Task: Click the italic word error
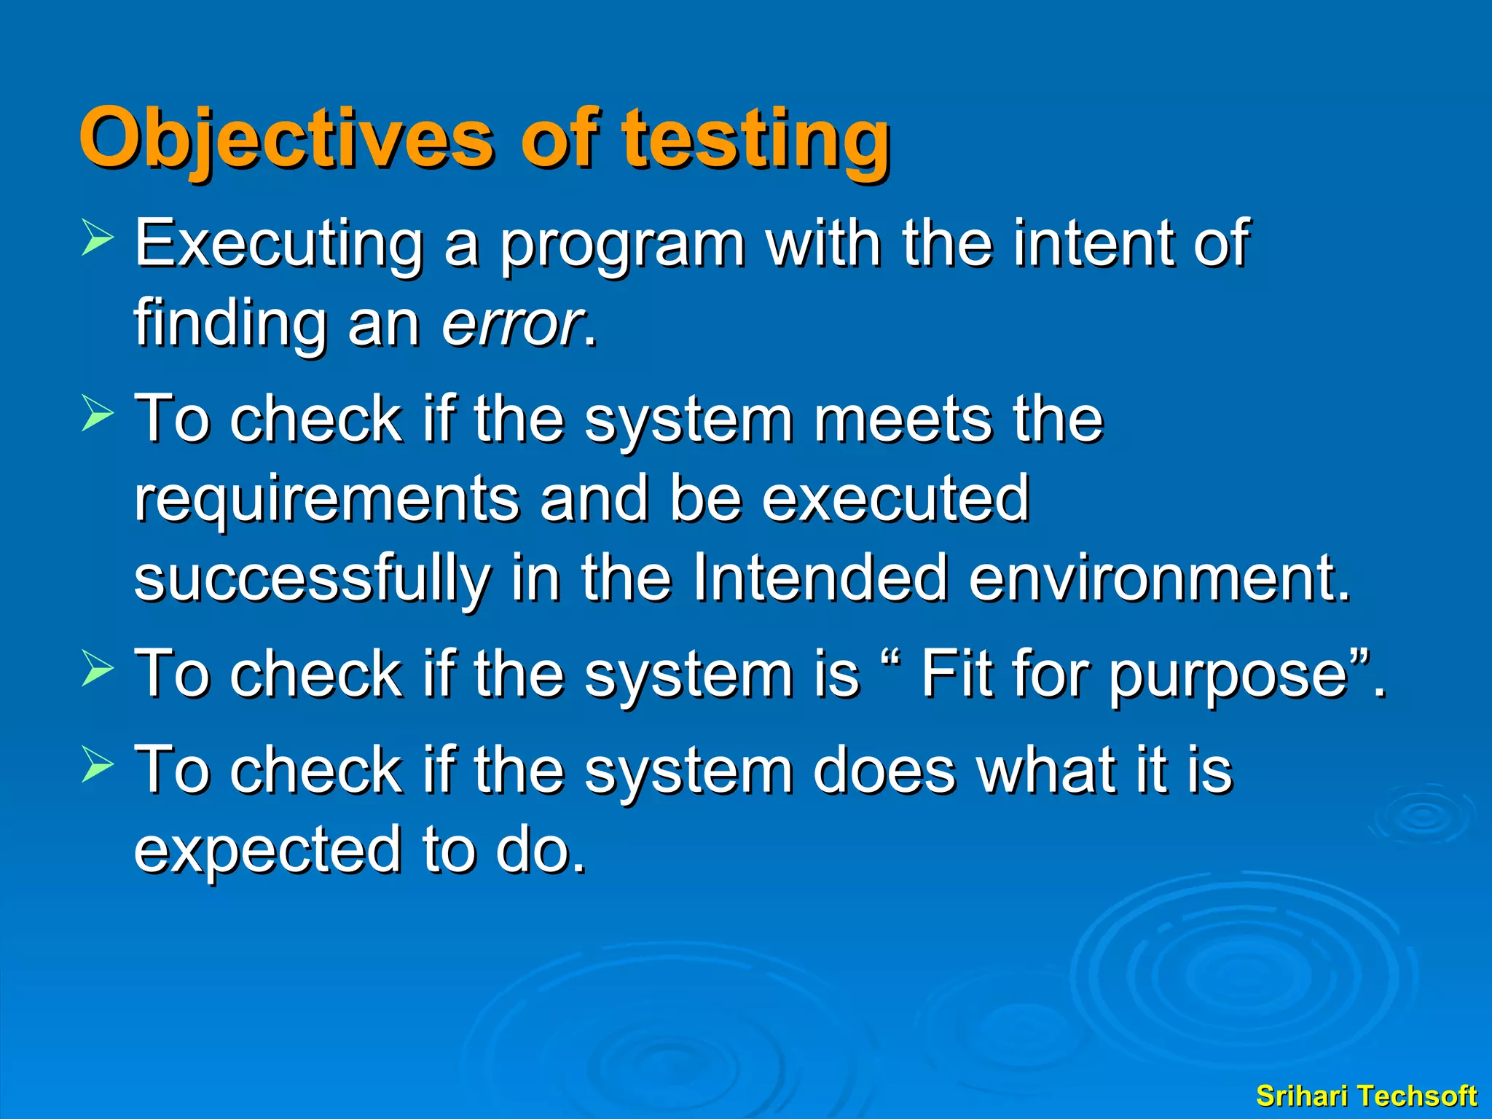513,323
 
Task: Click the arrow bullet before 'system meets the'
97,413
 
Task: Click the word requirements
326,501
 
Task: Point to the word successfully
312,580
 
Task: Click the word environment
1158,578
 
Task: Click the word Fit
956,673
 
